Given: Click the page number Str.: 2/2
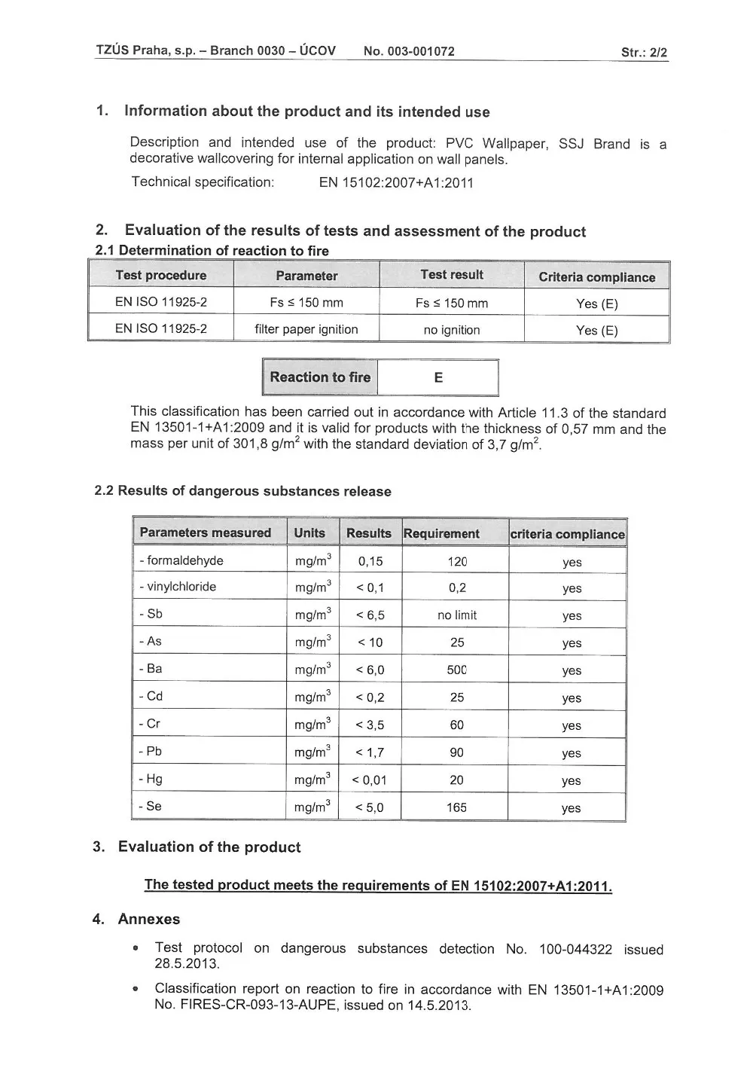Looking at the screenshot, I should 644,53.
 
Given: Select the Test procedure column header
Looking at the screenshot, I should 160,275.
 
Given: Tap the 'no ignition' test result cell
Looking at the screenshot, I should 452,330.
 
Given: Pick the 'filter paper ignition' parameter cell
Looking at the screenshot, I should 306,329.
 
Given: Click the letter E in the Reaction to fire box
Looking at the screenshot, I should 438,378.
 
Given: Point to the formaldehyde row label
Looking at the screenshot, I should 181,560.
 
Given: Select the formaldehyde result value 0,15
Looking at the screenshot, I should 370,561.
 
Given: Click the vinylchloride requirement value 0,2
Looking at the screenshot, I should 457,588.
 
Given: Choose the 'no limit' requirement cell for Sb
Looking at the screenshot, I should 457,615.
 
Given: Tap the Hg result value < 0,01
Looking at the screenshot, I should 369,780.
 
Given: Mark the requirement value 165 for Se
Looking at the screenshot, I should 456,807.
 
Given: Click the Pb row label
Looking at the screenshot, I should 151,751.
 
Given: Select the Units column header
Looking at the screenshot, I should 309,533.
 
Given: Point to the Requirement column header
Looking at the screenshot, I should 442,534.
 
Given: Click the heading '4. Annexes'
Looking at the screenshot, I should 136,919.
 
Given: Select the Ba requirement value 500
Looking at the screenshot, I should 457,670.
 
